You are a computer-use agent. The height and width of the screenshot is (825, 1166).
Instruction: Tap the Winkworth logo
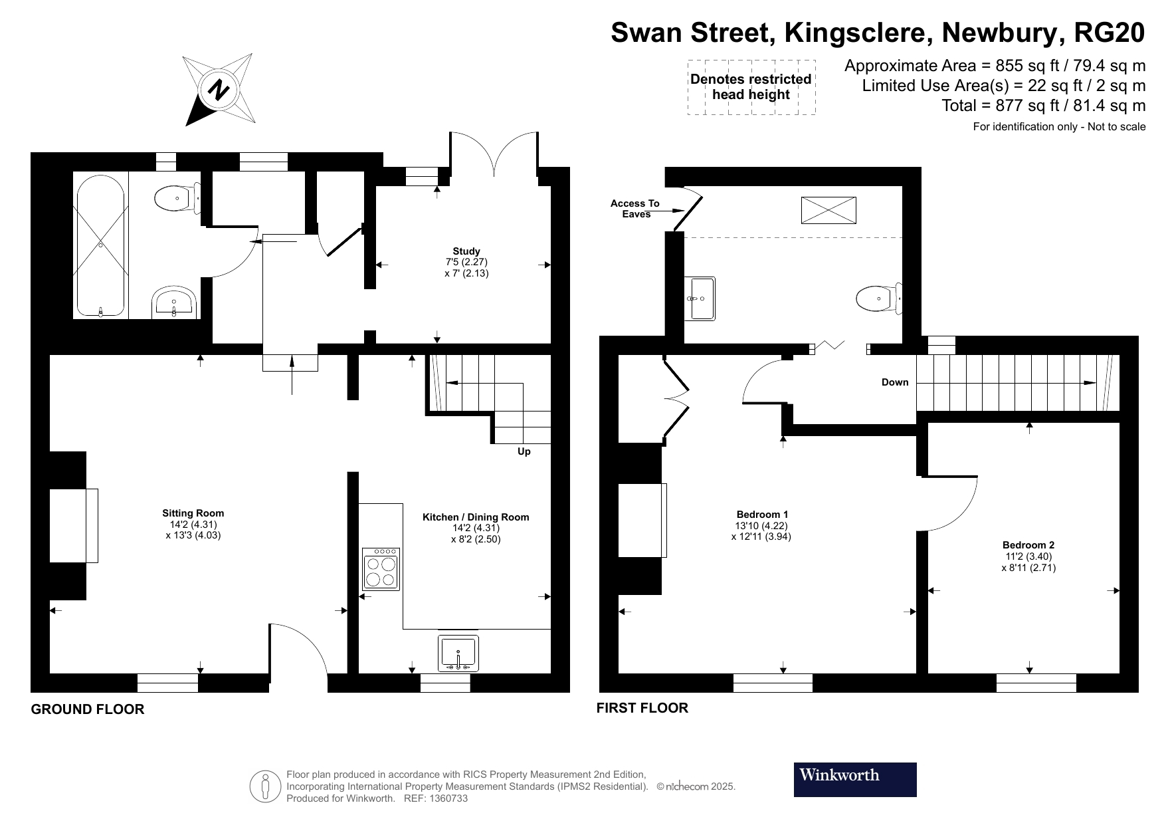(855, 779)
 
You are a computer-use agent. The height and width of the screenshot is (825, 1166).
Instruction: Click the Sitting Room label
(193, 513)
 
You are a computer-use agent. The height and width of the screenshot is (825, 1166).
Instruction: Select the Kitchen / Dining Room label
(476, 517)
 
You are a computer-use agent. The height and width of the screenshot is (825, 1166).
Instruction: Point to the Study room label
(466, 251)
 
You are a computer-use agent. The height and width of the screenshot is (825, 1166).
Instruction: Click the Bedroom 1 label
(762, 515)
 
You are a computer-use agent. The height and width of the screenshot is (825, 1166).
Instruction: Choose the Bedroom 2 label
(1028, 545)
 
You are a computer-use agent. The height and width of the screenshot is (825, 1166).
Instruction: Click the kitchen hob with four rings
(381, 569)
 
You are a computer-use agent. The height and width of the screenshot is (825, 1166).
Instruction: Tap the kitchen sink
(458, 653)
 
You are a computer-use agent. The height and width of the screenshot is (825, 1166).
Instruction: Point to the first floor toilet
(879, 298)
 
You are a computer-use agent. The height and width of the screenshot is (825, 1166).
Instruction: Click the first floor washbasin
(700, 298)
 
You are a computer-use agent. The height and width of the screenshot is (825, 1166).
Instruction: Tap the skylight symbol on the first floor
(828, 210)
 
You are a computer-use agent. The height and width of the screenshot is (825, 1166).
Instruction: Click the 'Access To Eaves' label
(635, 209)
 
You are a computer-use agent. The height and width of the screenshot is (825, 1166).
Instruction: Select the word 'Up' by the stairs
(524, 452)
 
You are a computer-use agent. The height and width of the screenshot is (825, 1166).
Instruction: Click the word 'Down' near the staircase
(895, 382)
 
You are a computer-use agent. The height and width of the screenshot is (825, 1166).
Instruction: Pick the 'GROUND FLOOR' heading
(88, 709)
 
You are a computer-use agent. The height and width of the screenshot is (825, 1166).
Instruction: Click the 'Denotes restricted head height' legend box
(751, 87)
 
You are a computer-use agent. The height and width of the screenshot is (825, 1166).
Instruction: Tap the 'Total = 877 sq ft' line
(1044, 106)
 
